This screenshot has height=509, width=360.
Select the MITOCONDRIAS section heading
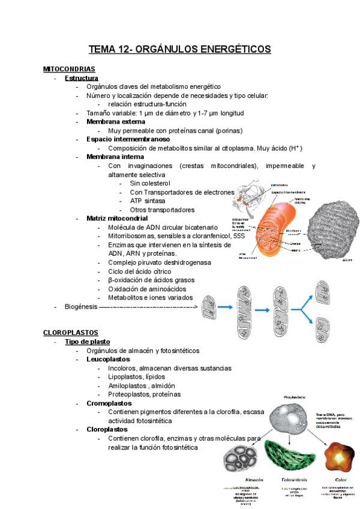click(x=69, y=70)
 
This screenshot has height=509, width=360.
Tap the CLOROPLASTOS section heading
click(x=71, y=333)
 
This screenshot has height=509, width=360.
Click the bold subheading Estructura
click(x=82, y=78)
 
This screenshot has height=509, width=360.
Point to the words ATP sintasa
click(x=148, y=201)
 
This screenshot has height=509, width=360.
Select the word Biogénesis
click(x=80, y=306)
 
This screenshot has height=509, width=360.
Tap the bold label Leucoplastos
click(x=108, y=359)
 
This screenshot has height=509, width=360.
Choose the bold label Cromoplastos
click(x=109, y=403)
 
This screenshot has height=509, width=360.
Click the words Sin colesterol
click(x=150, y=183)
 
